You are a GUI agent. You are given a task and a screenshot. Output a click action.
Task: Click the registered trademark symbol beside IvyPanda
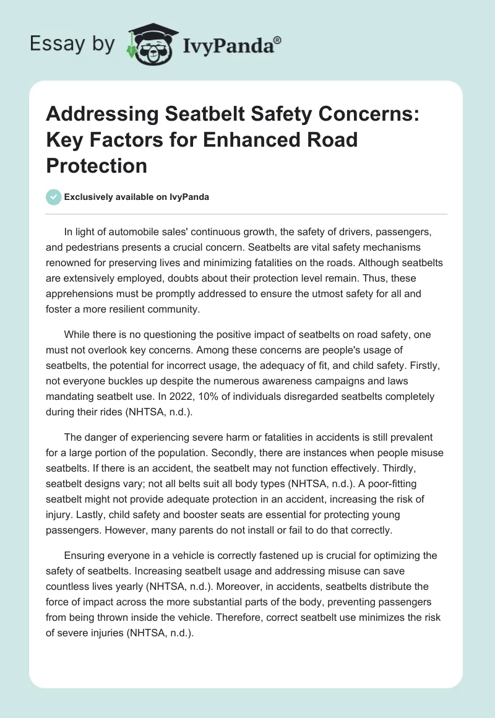(278, 39)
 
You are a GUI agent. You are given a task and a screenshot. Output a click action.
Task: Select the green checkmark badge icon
(53, 197)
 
